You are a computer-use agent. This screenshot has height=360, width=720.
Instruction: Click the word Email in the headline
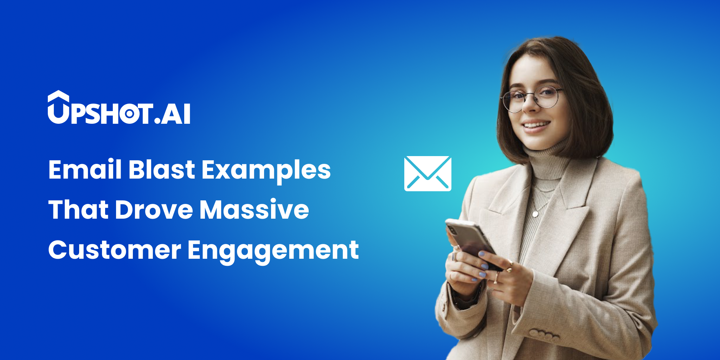pyautogui.click(x=85, y=169)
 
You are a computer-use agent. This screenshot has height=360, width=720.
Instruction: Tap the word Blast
pyautogui.click(x=161, y=169)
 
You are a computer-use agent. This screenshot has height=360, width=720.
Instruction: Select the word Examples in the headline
pyautogui.click(x=266, y=171)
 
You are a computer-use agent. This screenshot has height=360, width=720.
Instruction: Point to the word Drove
pyautogui.click(x=154, y=210)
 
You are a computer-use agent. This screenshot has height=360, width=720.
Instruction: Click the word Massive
pyautogui.click(x=255, y=210)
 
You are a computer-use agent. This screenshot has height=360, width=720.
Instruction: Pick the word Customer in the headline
pyautogui.click(x=115, y=250)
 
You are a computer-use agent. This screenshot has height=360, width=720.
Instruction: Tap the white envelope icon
pyautogui.click(x=428, y=174)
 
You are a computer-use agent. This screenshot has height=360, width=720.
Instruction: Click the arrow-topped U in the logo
pyautogui.click(x=58, y=107)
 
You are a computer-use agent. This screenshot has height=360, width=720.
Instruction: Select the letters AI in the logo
pyautogui.click(x=176, y=114)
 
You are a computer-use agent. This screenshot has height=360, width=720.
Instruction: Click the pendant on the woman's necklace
pyautogui.click(x=535, y=214)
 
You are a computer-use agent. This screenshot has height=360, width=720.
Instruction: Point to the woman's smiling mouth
pyautogui.click(x=536, y=125)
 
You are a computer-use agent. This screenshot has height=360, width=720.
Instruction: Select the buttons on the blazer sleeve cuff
pyautogui.click(x=545, y=335)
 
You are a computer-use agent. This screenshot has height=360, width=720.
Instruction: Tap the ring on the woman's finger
pyautogui.click(x=496, y=278)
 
